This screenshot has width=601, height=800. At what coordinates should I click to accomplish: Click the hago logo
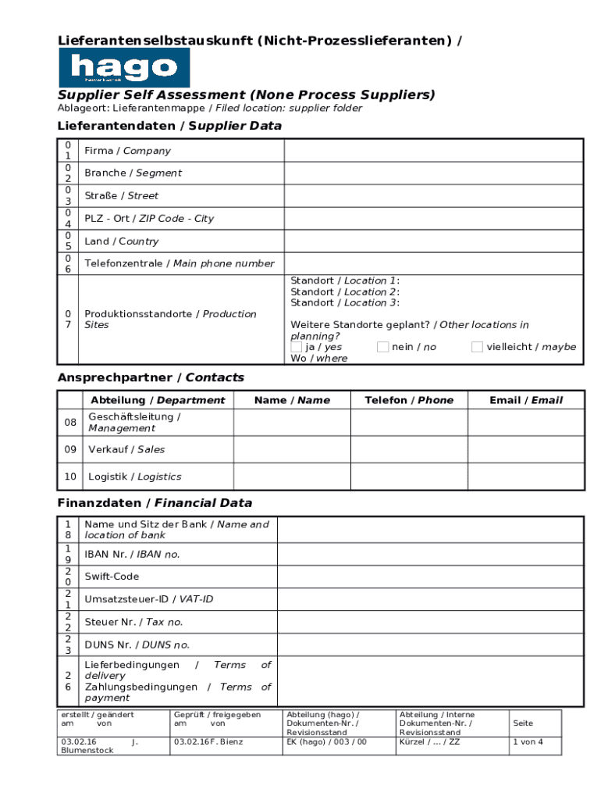[x=124, y=67]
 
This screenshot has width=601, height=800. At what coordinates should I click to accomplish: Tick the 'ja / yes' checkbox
[x=297, y=347]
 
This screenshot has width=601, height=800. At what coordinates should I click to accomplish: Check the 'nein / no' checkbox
[x=382, y=347]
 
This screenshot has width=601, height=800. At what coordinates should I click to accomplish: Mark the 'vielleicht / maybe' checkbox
[x=477, y=347]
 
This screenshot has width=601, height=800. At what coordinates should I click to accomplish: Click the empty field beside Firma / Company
[x=432, y=151]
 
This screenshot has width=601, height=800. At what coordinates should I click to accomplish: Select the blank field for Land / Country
[x=432, y=241]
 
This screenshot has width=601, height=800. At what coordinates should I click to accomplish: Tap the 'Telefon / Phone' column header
[x=408, y=400]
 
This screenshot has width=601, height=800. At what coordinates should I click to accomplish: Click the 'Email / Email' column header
[x=525, y=400]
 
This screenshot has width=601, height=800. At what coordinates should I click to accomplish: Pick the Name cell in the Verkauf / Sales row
[x=291, y=449]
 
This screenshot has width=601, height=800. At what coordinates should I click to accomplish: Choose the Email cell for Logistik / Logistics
[x=525, y=477]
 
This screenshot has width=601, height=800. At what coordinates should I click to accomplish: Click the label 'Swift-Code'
[x=112, y=577]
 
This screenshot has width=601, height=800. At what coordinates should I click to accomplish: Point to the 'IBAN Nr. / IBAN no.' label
[x=132, y=554]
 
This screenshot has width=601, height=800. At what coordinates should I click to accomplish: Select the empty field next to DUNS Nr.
[x=430, y=645]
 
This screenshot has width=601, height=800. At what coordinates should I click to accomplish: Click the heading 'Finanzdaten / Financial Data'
[x=155, y=503]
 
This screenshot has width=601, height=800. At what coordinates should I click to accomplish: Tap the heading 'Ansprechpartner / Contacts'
[x=151, y=377]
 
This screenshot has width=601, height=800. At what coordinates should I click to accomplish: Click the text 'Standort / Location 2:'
[x=345, y=291]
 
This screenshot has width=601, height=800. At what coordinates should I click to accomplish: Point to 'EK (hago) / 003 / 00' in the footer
[x=326, y=742]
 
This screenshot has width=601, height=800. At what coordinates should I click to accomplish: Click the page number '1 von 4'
[x=527, y=742]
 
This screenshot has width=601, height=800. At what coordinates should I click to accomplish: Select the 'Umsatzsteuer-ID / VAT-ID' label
[x=148, y=599]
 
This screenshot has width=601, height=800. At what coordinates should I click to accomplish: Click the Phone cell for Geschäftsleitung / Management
[x=408, y=423]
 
